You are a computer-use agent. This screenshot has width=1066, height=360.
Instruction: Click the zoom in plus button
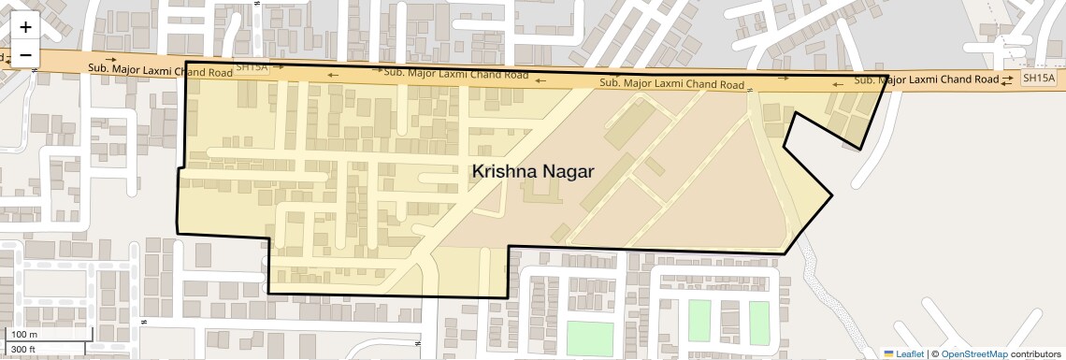point(25,27)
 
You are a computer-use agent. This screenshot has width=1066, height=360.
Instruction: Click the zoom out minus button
point(25,55)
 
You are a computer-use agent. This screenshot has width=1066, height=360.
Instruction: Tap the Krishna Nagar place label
point(533,171)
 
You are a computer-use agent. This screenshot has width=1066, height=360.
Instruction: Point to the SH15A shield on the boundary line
point(251,67)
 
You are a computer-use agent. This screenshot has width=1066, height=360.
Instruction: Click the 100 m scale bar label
point(24,335)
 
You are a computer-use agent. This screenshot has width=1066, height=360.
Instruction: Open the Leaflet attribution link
point(910,353)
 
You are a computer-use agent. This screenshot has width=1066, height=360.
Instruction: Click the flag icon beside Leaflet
point(889,353)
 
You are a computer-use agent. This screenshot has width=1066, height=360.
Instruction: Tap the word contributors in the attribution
point(1035,353)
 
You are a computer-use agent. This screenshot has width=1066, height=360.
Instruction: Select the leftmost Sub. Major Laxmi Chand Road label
point(160,69)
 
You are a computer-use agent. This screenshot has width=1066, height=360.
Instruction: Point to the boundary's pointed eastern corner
point(832,195)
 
